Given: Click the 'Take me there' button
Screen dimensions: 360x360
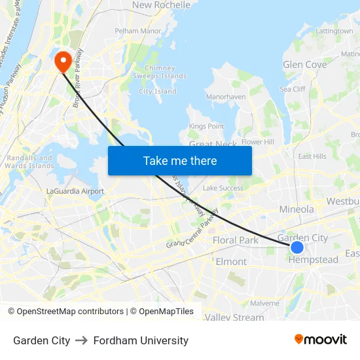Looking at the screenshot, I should tap(180, 160).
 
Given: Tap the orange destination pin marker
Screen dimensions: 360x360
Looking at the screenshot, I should tap(63, 62).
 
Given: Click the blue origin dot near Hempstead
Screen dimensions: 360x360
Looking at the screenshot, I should tap(297, 247).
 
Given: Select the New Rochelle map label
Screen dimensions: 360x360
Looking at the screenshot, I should tap(161, 5).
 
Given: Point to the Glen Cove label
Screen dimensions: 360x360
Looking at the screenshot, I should tap(304, 65).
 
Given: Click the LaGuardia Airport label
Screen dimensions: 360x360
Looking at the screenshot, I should tap(75, 191).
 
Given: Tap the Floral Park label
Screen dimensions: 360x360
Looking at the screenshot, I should tap(236, 240).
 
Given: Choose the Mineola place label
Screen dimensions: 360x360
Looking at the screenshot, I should tap(297, 209).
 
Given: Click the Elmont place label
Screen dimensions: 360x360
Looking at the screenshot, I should tap(231, 262).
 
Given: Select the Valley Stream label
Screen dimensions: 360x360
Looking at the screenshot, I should tap(234, 317).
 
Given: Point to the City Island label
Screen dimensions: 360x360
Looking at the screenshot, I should tap(158, 92).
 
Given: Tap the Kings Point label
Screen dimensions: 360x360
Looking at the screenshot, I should tap(206, 126).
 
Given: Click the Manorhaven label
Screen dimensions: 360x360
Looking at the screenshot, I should tap(226, 97).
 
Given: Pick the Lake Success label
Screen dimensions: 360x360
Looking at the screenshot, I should tap(223, 188).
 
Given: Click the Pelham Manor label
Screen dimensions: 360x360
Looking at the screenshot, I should tap(137, 31).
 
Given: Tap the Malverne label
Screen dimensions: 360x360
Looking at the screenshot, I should tap(264, 303).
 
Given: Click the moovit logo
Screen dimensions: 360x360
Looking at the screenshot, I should tap(321, 339).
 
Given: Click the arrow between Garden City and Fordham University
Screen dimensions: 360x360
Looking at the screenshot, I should tap(82, 340).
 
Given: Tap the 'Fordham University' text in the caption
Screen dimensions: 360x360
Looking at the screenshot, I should tap(141, 340).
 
